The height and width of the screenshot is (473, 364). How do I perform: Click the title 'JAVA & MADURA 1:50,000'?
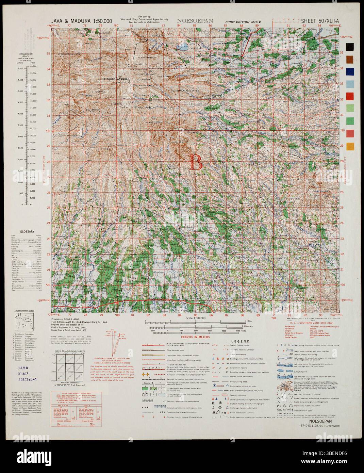tap(82, 21)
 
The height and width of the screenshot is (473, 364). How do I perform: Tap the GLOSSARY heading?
tap(27, 231)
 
